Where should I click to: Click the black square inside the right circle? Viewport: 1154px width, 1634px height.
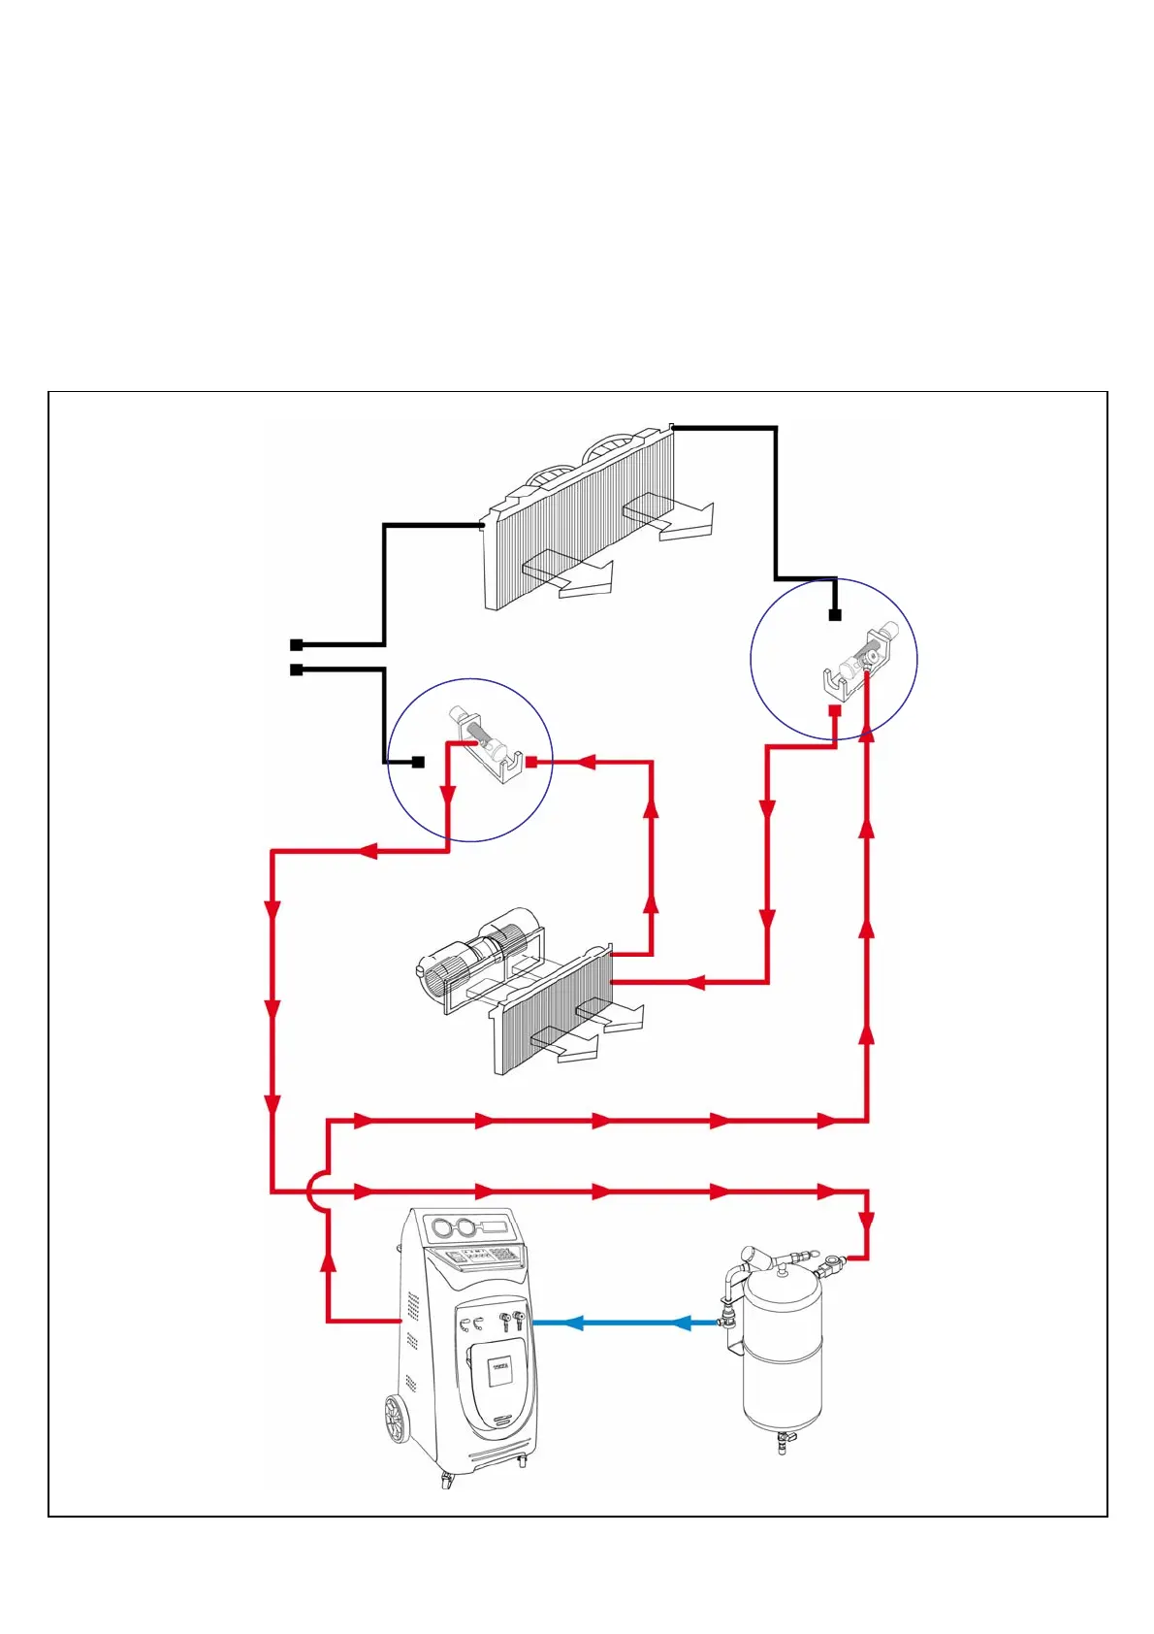[x=835, y=615]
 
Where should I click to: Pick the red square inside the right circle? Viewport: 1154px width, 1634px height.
[x=834, y=710]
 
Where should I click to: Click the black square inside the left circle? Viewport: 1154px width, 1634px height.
[x=419, y=763]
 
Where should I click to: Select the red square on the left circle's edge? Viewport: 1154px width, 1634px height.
[x=531, y=762]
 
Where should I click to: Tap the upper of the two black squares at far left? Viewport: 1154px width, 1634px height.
[x=297, y=644]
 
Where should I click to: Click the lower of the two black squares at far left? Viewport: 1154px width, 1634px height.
[x=297, y=670]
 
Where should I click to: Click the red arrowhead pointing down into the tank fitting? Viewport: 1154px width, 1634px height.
[x=866, y=1222]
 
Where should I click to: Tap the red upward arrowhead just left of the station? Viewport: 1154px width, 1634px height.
[x=329, y=1260]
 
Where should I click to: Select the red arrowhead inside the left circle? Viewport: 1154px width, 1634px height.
[x=448, y=796]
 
